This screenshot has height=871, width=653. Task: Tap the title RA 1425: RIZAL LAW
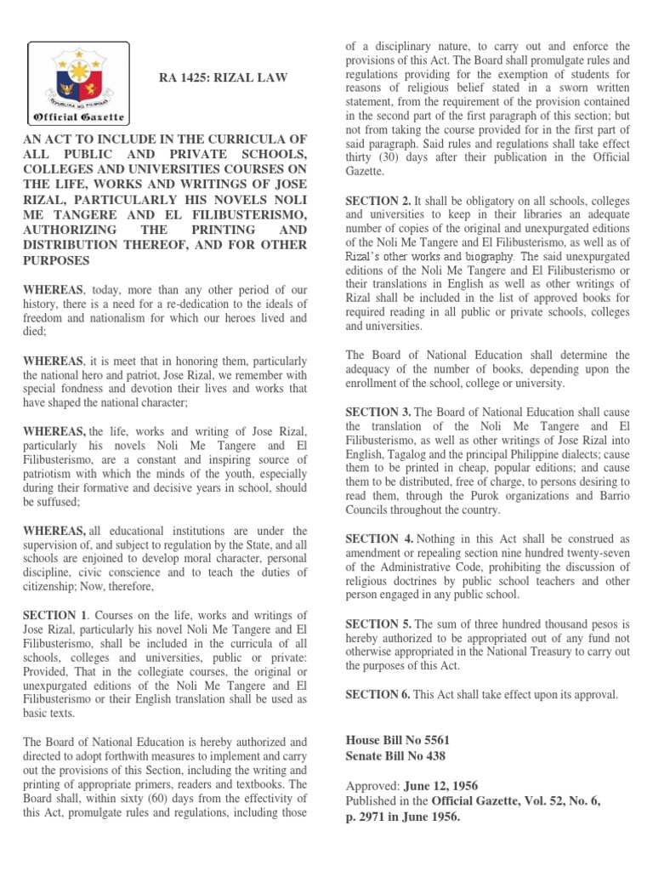click(x=224, y=78)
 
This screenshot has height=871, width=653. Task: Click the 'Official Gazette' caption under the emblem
click(x=79, y=117)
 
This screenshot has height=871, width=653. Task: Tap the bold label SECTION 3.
click(x=377, y=412)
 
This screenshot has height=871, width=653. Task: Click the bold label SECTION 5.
click(x=377, y=623)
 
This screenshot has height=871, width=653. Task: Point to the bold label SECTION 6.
click(x=377, y=694)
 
